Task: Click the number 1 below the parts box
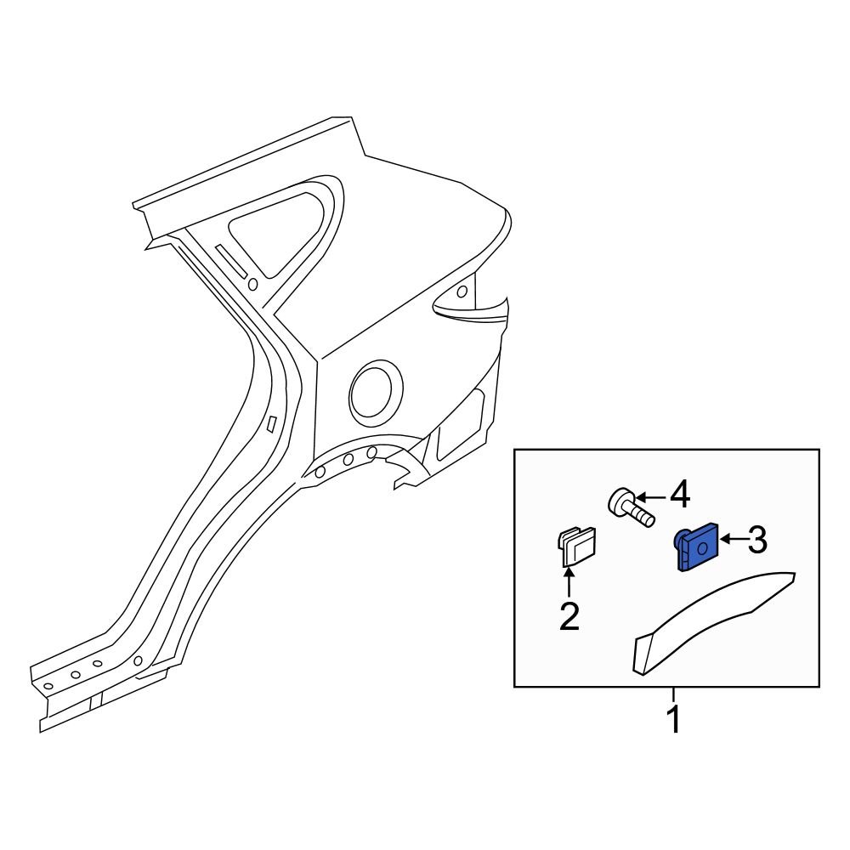click(672, 720)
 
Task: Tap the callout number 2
click(569, 616)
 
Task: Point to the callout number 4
click(679, 495)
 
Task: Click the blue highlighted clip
click(696, 549)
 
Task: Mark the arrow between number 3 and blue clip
click(732, 539)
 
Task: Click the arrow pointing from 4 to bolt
click(649, 496)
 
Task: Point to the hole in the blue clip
click(702, 550)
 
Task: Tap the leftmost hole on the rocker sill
click(48, 686)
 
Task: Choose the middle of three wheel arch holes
click(348, 460)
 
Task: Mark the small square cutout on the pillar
click(271, 423)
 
